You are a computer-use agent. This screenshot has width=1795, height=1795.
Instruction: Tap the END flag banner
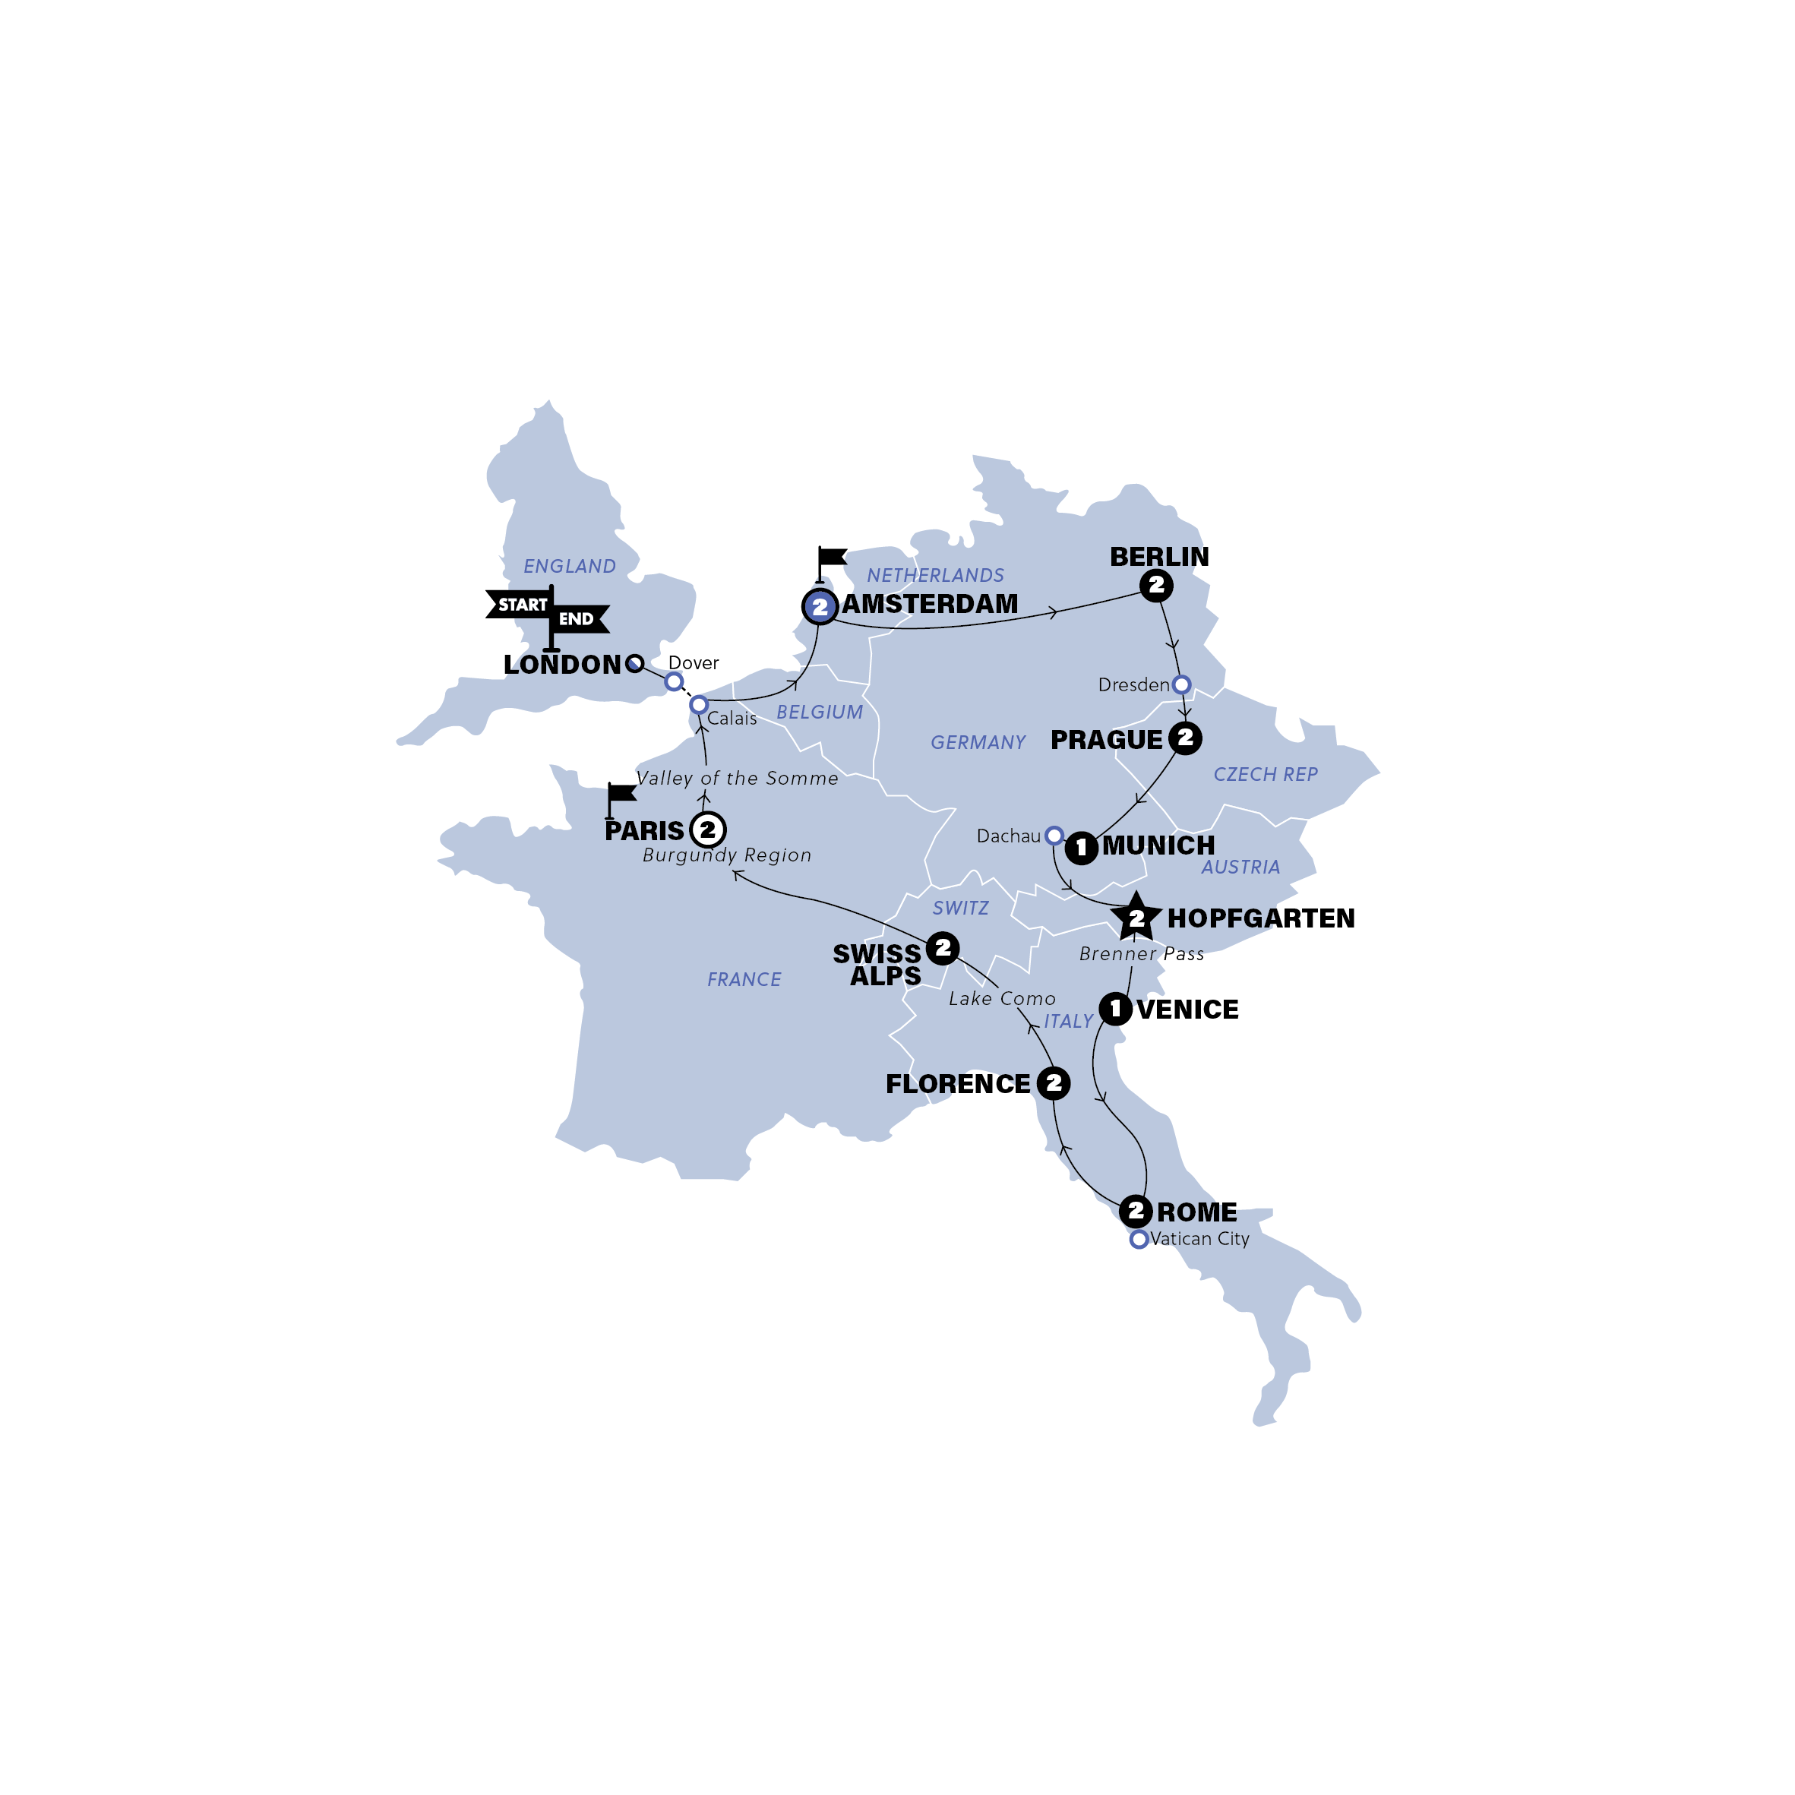(x=578, y=619)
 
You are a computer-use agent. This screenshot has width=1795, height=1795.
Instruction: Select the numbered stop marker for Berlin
(x=1156, y=586)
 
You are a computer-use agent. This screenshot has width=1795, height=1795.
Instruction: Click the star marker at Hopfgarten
(x=1136, y=918)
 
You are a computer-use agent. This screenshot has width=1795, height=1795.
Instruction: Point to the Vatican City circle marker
(x=1138, y=1240)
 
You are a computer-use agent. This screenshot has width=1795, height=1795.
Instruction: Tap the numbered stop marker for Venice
(x=1115, y=1009)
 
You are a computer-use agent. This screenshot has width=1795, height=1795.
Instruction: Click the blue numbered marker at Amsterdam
(x=820, y=607)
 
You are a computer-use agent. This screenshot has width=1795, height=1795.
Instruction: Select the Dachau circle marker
(x=1054, y=836)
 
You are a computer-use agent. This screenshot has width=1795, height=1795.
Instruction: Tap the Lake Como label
(x=1001, y=999)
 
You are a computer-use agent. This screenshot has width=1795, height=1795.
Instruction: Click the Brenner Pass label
(x=1141, y=954)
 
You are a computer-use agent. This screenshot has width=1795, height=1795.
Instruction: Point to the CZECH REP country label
(x=1266, y=774)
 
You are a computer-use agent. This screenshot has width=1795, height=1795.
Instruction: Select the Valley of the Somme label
(x=737, y=779)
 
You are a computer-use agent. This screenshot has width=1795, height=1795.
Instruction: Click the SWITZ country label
(x=961, y=908)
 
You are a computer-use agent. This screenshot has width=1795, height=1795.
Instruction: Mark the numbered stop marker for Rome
(x=1136, y=1212)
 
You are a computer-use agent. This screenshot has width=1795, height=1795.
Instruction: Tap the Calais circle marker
(x=699, y=705)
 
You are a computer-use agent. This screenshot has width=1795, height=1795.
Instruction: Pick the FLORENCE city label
(x=957, y=1084)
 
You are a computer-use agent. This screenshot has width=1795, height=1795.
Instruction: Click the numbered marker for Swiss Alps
(x=942, y=948)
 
